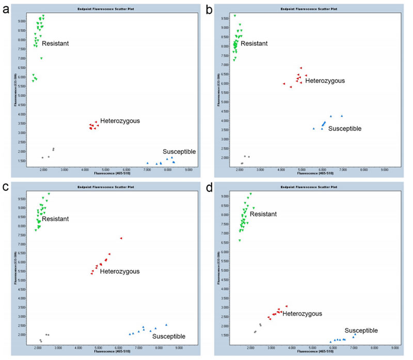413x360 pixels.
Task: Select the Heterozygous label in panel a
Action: click(x=120, y=121)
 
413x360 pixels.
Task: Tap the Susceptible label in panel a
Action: click(x=179, y=151)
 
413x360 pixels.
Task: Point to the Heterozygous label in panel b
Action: click(x=325, y=81)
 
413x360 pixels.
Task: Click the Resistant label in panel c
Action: click(x=55, y=219)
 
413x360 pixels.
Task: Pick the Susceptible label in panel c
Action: click(x=169, y=337)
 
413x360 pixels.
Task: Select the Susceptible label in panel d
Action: click(x=361, y=331)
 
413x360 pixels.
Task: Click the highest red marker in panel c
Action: click(x=121, y=238)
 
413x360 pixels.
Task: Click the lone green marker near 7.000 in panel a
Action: click(x=41, y=58)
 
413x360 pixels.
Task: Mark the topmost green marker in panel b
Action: click(x=235, y=16)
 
